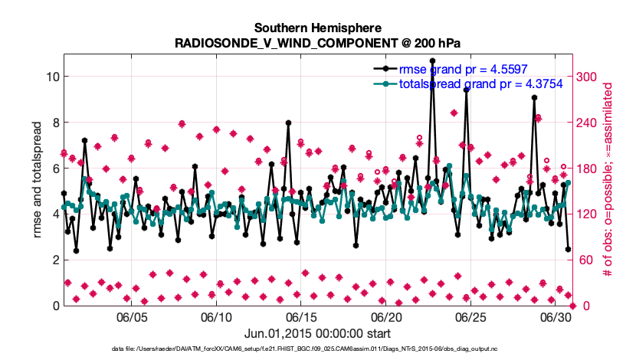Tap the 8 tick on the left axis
(x=48, y=123)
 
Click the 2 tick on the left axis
(x=48, y=260)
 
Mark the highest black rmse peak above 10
(x=432, y=61)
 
